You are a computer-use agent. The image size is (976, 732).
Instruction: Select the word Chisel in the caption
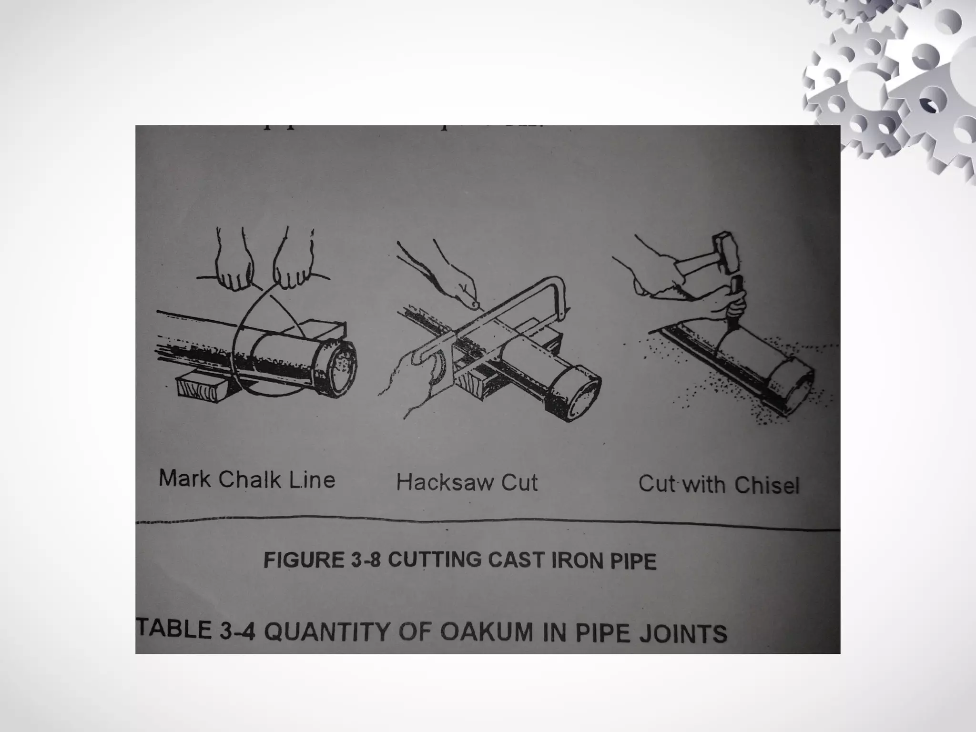click(x=766, y=485)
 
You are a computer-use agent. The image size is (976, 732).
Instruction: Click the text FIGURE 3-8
click(x=322, y=559)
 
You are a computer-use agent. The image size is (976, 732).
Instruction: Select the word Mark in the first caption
click(x=183, y=478)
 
